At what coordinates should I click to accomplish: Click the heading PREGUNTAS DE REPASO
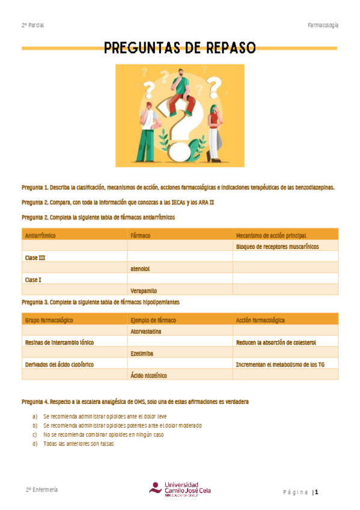coord(180,48)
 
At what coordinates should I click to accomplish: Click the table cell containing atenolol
coord(140,268)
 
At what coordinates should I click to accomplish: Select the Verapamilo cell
coord(144,290)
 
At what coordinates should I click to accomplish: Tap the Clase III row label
coord(35,257)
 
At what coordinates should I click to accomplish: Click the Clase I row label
coord(33,279)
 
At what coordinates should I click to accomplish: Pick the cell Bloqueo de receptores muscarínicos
coord(277,247)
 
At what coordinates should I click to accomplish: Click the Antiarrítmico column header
coord(40,235)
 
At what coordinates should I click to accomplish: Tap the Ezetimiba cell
coord(142,353)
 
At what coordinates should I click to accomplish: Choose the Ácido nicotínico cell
coord(148,375)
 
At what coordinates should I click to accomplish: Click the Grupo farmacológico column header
coord(49,320)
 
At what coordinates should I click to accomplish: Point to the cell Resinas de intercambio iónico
coord(59,342)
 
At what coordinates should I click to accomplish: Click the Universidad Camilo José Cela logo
coord(180,488)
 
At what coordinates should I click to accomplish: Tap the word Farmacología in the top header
coord(323,25)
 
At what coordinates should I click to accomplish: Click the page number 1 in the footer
coord(316,492)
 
